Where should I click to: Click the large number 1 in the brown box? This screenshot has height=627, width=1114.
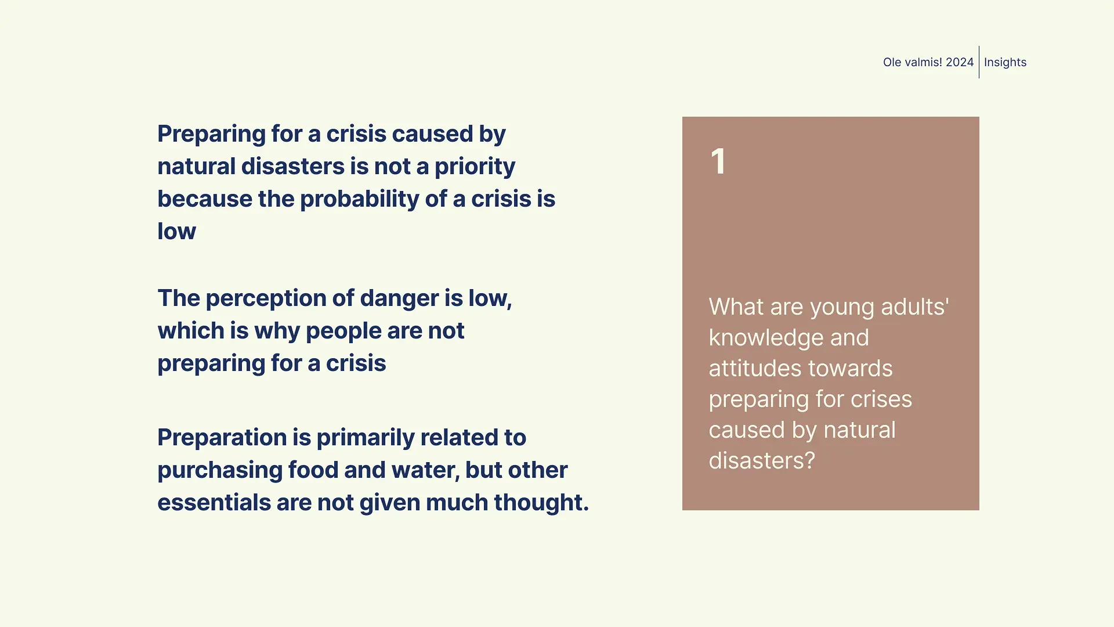(718, 161)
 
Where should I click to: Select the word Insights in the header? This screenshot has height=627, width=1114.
(1005, 62)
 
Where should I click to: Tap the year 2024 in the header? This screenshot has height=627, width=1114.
(960, 62)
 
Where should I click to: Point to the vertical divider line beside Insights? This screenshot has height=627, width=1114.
(979, 62)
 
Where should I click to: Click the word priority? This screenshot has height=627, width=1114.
(475, 167)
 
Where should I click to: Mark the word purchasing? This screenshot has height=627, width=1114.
(220, 471)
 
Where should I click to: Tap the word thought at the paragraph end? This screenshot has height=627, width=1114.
(541, 503)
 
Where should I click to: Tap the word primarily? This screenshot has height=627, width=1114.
(366, 438)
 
